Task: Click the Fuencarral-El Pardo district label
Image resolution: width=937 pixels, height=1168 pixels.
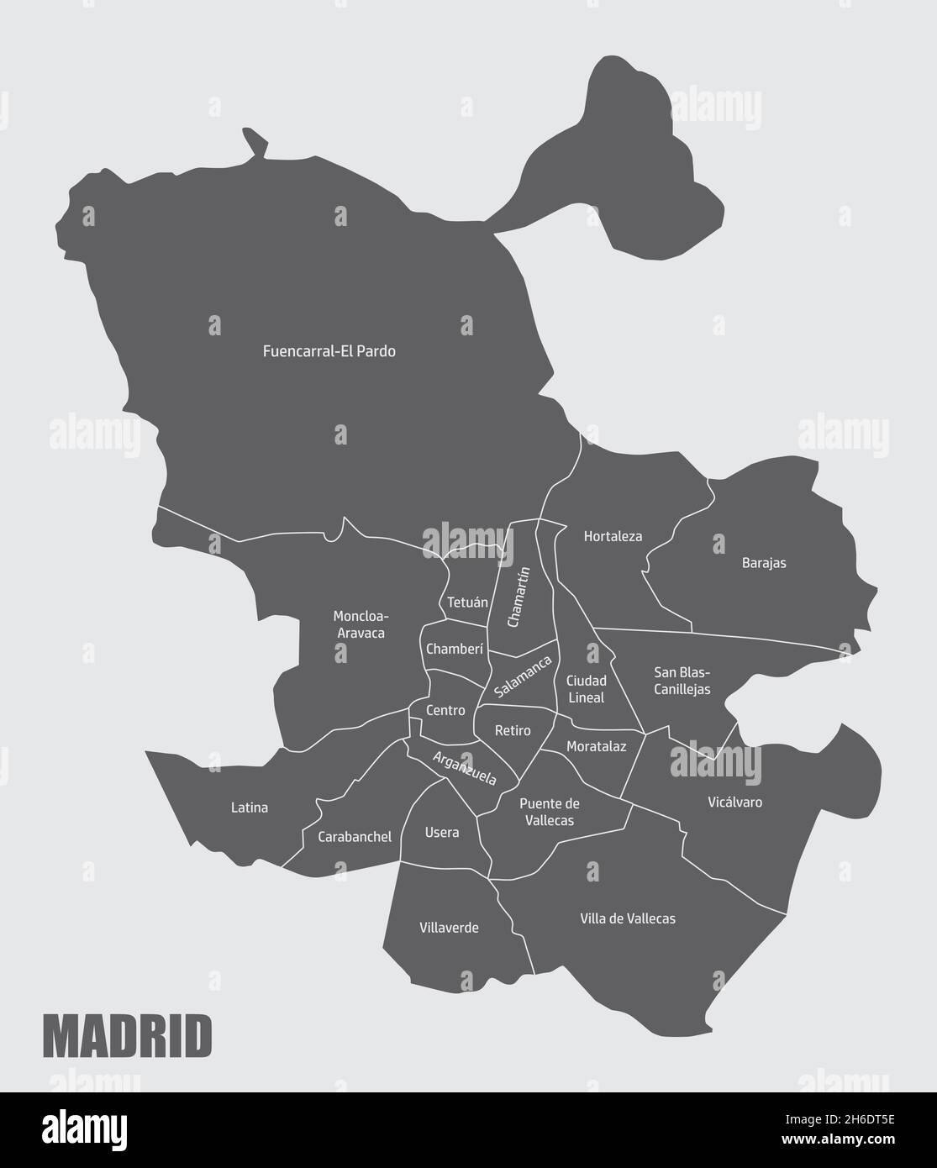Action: [329, 351]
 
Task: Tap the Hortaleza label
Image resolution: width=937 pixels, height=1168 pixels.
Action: [613, 535]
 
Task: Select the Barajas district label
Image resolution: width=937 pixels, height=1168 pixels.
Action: [764, 563]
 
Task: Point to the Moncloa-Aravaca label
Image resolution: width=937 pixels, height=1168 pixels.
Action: [360, 624]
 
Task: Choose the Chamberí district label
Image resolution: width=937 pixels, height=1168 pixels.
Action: [455, 649]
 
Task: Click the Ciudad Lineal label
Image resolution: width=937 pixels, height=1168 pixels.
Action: [586, 689]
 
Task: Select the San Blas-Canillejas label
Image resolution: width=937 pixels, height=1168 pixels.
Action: [682, 681]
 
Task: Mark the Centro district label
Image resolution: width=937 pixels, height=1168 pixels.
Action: [445, 710]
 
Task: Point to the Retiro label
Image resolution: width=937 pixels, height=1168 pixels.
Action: [513, 731]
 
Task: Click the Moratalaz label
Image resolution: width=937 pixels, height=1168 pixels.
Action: [596, 746]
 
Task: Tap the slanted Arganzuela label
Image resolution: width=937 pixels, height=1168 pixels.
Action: [464, 768]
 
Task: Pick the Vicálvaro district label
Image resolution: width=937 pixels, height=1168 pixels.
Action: [734, 802]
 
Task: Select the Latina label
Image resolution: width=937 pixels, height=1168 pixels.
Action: [250, 808]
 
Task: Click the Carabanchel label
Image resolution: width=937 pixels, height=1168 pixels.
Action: [355, 837]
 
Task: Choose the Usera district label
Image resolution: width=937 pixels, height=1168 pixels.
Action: [442, 833]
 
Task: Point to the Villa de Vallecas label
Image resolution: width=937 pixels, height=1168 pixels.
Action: [628, 918]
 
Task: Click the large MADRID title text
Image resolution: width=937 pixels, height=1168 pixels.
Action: [127, 1037]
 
